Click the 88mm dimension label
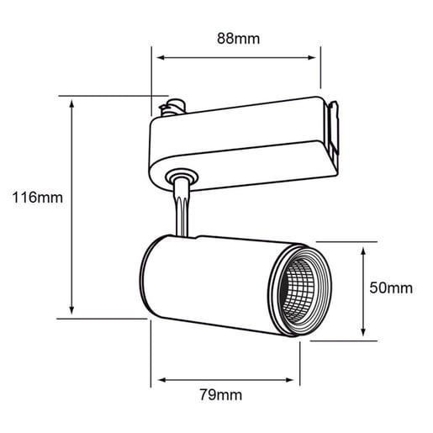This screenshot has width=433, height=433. click(x=239, y=39)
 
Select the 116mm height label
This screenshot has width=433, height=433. click(x=38, y=198)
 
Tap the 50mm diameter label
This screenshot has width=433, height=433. click(x=391, y=288)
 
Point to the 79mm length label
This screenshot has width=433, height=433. click(x=221, y=395)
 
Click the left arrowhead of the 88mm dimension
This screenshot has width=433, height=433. click(x=161, y=58)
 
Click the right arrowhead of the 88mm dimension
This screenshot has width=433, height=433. click(x=312, y=58)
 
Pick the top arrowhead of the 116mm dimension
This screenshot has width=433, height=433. click(x=71, y=103)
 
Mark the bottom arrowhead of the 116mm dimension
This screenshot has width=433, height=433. click(x=71, y=310)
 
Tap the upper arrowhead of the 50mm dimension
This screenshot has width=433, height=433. click(x=363, y=251)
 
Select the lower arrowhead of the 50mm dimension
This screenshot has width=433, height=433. click(x=363, y=332)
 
